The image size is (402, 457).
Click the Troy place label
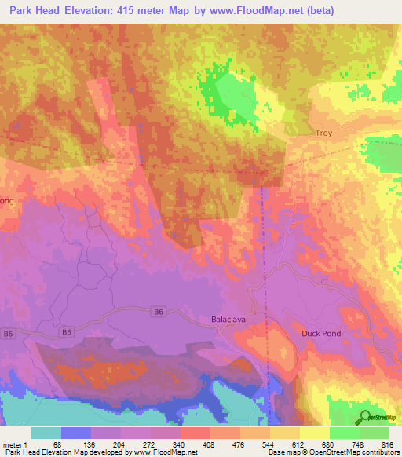point(323,133)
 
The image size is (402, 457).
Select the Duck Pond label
point(321,334)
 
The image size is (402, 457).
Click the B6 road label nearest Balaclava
point(159,312)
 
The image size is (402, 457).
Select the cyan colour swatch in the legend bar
point(46,433)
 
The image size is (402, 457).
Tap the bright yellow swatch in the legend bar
point(314,433)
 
